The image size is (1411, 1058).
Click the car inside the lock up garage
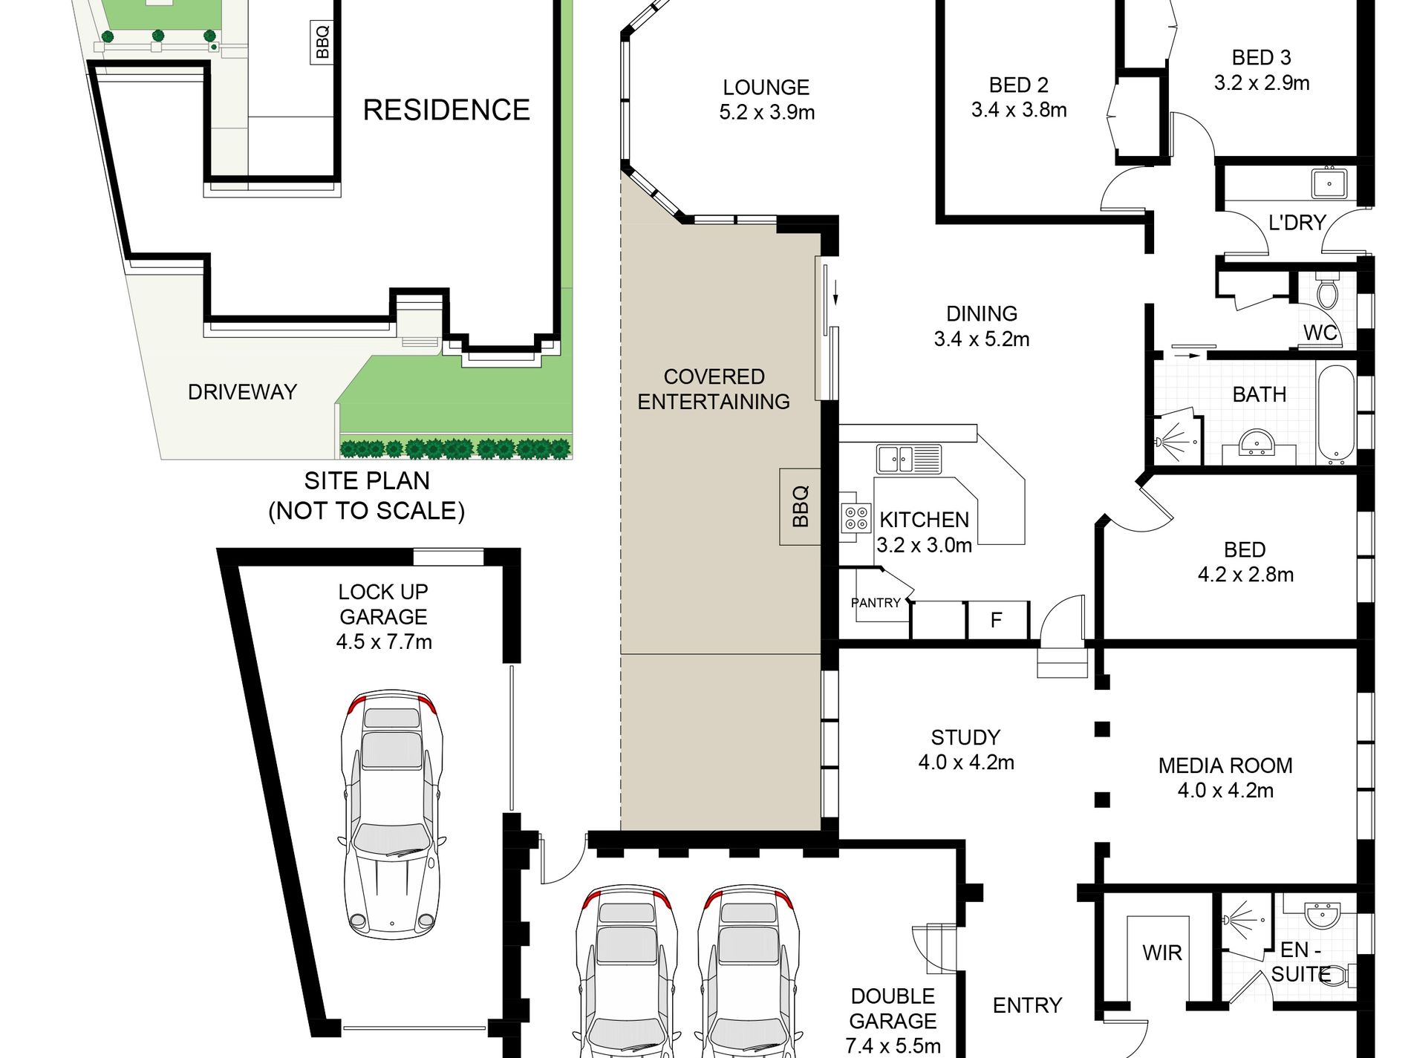(391, 814)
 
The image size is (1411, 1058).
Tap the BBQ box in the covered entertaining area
(800, 506)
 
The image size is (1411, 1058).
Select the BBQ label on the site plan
(322, 42)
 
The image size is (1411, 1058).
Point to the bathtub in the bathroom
(1336, 414)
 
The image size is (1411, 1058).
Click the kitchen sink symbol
(908, 459)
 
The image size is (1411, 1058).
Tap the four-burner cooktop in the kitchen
(856, 518)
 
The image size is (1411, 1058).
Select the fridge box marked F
(997, 619)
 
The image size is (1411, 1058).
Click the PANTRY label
(876, 603)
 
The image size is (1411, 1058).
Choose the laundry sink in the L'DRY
(1329, 183)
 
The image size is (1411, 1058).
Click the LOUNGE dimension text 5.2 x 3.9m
(766, 112)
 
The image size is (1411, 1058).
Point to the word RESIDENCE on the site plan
(446, 110)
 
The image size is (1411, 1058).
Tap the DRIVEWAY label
(242, 392)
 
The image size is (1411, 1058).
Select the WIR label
(1162, 953)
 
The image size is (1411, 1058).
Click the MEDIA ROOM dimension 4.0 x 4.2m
(1225, 790)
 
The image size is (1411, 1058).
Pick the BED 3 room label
(1261, 57)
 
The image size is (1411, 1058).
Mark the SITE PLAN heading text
(367, 481)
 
